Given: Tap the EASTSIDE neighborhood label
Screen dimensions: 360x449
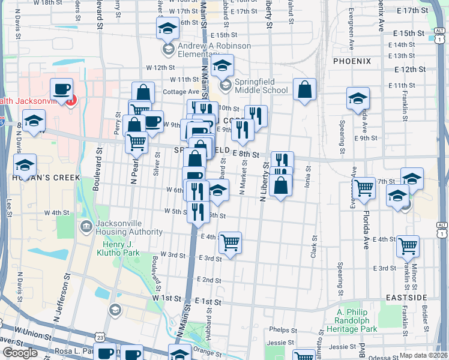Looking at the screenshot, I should pos(406,298).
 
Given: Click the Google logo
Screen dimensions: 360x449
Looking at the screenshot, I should pos(20,353).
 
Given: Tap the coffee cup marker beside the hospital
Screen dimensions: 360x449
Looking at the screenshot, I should pos(61,89).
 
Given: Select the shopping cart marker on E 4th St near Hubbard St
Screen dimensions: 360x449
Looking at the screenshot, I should pos(231,243).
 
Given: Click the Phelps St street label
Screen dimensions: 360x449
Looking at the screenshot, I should pos(280,329).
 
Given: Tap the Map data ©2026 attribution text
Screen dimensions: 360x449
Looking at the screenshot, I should pos(424,355).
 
